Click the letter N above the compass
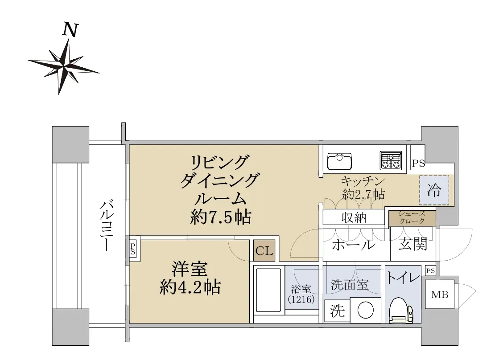click(x=70, y=30)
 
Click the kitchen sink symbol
click(x=339, y=161)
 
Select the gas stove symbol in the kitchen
click(x=391, y=160)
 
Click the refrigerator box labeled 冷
click(x=434, y=190)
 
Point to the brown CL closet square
click(x=264, y=251)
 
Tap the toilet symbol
click(x=401, y=310)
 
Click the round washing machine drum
click(x=365, y=310)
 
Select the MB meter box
click(x=440, y=295)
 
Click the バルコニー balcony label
click(x=106, y=225)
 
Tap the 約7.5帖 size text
click(x=221, y=217)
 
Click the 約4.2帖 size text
click(x=190, y=287)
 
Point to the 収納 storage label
click(x=354, y=218)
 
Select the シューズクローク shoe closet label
click(x=412, y=217)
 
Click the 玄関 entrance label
click(x=413, y=244)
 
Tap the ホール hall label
click(x=354, y=245)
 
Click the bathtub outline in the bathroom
click(x=269, y=290)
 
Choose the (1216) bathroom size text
click(x=301, y=299)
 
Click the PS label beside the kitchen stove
click(x=418, y=164)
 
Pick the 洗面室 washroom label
click(x=350, y=284)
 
